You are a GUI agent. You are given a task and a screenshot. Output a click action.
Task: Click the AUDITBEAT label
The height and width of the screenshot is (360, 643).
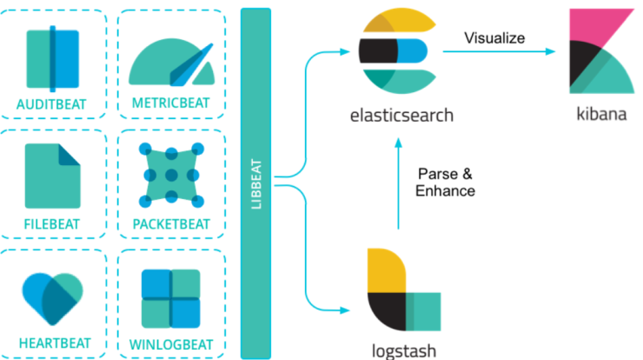point(51,104)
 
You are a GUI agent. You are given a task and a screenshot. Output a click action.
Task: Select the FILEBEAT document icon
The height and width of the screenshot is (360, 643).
point(52,176)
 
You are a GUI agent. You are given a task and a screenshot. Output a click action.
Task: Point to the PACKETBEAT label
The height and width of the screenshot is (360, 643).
point(171,224)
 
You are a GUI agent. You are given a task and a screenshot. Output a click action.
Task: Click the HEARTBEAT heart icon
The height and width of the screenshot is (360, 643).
point(52,298)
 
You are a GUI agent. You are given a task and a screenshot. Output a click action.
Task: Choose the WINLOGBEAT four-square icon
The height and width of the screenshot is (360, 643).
point(171,298)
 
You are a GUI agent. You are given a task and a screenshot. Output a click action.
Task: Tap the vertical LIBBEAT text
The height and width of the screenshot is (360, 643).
point(255,183)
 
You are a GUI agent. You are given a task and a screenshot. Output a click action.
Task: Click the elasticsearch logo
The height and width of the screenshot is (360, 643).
point(397,51)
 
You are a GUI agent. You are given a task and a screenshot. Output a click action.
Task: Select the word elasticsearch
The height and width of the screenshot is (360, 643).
point(401,116)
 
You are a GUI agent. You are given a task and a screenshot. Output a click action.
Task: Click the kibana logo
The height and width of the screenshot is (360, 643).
point(601,51)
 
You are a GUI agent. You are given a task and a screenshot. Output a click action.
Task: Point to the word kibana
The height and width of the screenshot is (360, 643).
point(601,114)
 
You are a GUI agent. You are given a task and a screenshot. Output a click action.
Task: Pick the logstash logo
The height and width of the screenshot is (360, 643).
point(404,290)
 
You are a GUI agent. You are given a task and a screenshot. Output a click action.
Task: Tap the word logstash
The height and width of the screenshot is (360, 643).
point(404,351)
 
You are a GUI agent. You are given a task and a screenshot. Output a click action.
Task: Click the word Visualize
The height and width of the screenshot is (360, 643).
point(494,38)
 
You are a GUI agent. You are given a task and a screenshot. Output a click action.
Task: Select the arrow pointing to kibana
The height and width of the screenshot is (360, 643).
point(499,51)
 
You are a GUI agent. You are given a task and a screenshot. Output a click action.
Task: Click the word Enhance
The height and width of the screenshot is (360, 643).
point(446,191)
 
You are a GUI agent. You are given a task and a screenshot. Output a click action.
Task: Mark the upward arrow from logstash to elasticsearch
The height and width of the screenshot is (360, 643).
point(398,183)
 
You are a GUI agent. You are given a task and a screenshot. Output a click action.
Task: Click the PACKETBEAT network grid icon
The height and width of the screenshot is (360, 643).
point(171,176)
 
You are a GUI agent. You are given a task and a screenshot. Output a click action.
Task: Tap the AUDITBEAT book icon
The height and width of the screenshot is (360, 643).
point(52,59)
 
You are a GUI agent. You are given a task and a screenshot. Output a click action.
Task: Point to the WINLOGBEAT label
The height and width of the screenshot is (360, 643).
point(171,345)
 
